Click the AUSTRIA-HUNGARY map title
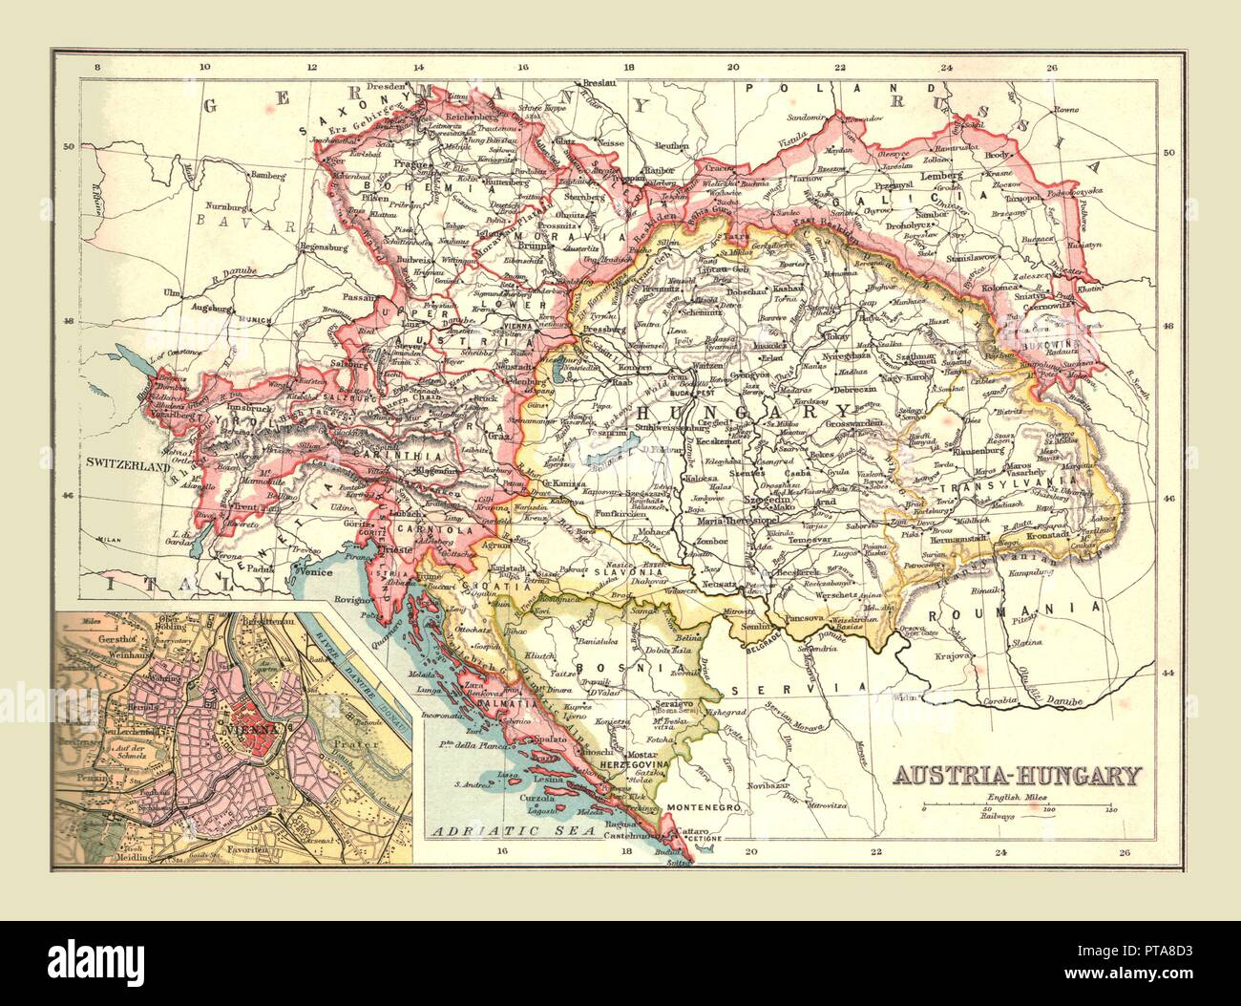(x=1016, y=773)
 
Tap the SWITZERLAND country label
(x=130, y=463)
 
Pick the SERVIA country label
(x=793, y=687)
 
